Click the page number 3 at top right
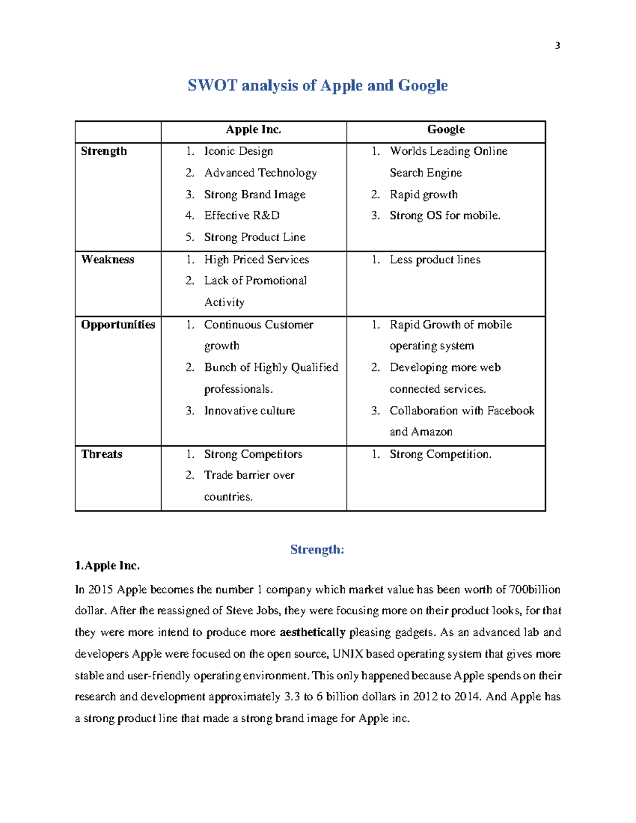[x=557, y=46]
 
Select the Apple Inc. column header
[x=253, y=130]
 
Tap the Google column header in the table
[x=446, y=130]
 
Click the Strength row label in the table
[x=104, y=152]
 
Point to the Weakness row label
[x=108, y=260]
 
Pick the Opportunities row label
[x=118, y=325]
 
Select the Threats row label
[x=102, y=454]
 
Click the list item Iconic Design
[x=238, y=152]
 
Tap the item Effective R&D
[x=242, y=216]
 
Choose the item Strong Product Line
[x=254, y=237]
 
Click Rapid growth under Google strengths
[x=423, y=195]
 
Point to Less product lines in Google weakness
[x=435, y=260]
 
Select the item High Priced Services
[x=257, y=260]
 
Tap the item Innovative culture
[x=249, y=411]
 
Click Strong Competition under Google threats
[x=440, y=454]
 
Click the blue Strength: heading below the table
[x=317, y=550]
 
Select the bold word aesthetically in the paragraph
[x=312, y=632]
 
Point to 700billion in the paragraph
[x=534, y=590]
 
